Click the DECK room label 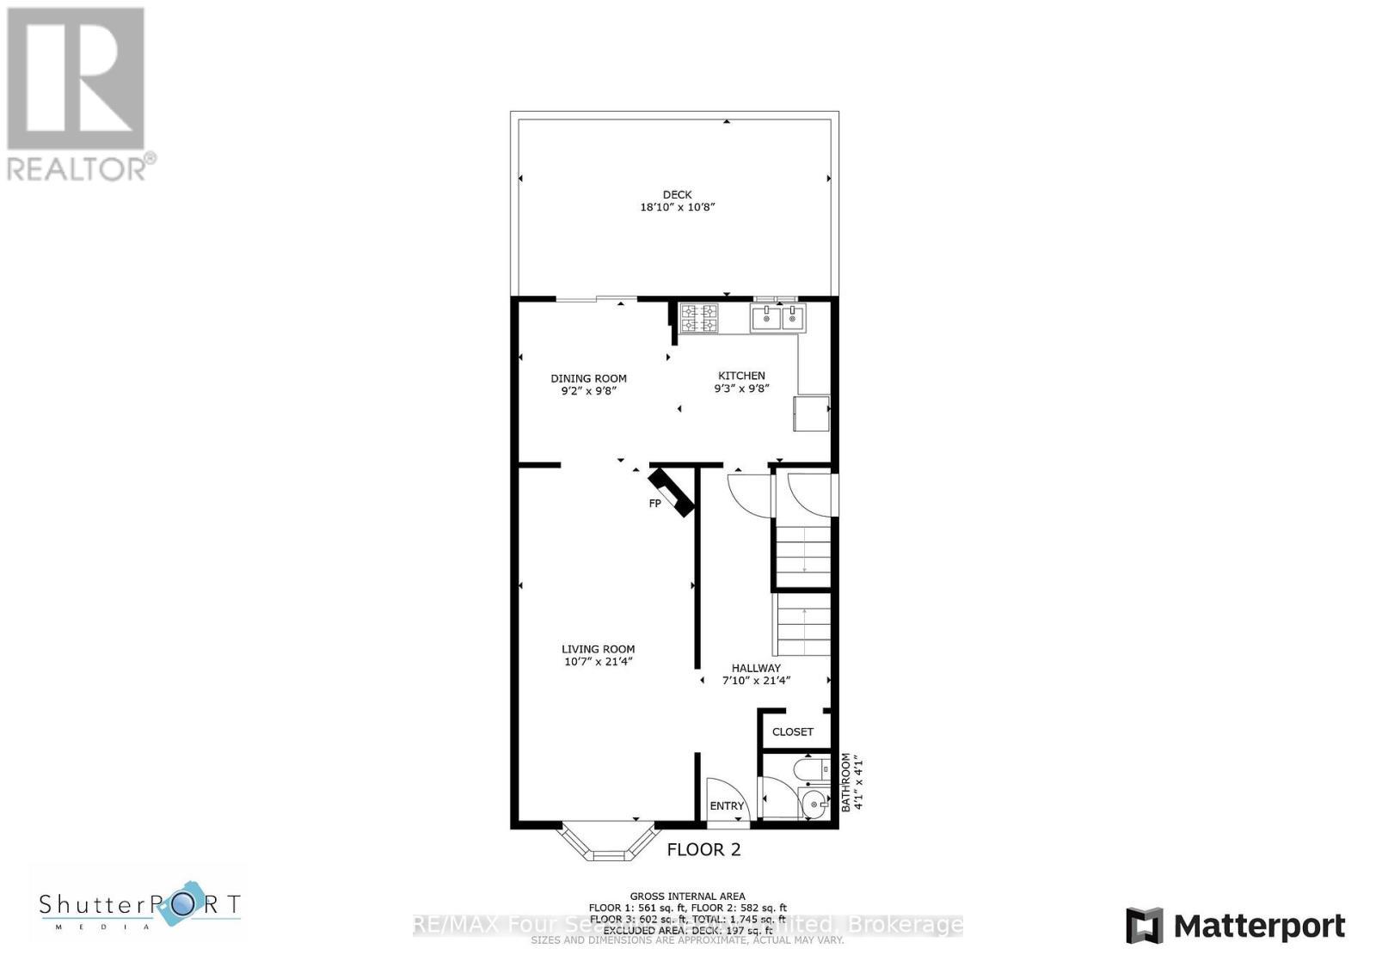(x=677, y=194)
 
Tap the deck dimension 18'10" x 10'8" (x=677, y=207)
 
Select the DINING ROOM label (x=588, y=378)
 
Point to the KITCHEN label (x=741, y=376)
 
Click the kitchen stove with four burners (x=698, y=319)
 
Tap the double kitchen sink (x=779, y=318)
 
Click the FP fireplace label (x=654, y=504)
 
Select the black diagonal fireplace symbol (x=672, y=492)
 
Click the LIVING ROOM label (x=598, y=650)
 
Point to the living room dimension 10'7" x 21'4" (x=598, y=662)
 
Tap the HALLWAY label (x=756, y=668)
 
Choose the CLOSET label (x=792, y=732)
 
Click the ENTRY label (x=727, y=806)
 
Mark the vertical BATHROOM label (x=846, y=782)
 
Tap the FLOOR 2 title (x=703, y=850)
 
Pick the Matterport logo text (x=1259, y=926)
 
